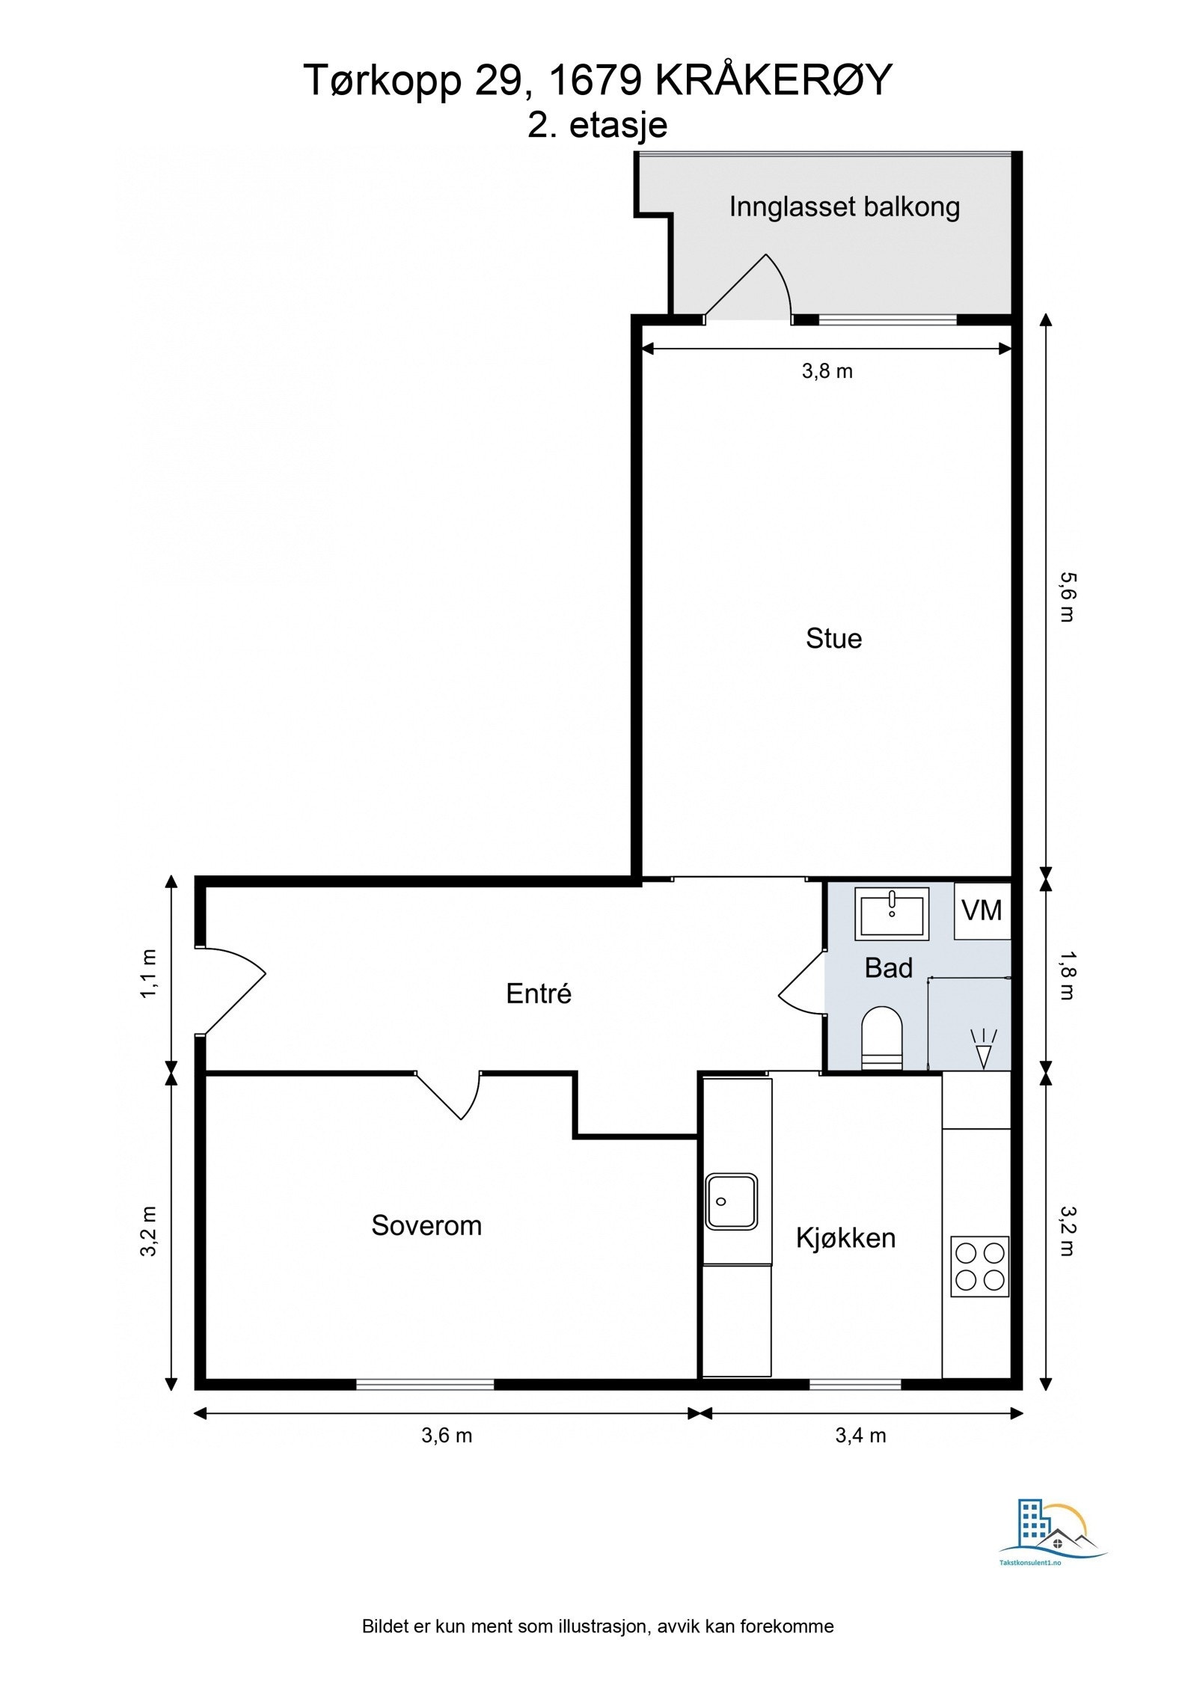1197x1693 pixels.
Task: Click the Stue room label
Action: tap(833, 638)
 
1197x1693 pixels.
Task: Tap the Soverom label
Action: tap(426, 1225)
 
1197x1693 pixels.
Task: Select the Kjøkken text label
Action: tap(845, 1238)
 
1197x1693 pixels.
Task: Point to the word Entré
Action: tap(539, 994)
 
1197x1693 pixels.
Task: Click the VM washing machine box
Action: tap(982, 910)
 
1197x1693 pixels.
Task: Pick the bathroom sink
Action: tap(892, 913)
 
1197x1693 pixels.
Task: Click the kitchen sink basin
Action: tap(732, 1201)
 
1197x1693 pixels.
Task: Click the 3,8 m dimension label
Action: tap(827, 371)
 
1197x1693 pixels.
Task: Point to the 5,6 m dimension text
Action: tap(1066, 597)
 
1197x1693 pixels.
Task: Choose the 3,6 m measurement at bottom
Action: tap(447, 1436)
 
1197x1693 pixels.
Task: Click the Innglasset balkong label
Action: tap(845, 206)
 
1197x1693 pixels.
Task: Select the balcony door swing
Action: tap(748, 287)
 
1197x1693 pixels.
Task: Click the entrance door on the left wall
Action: tap(230, 991)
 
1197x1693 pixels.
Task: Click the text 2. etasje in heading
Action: tap(597, 124)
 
